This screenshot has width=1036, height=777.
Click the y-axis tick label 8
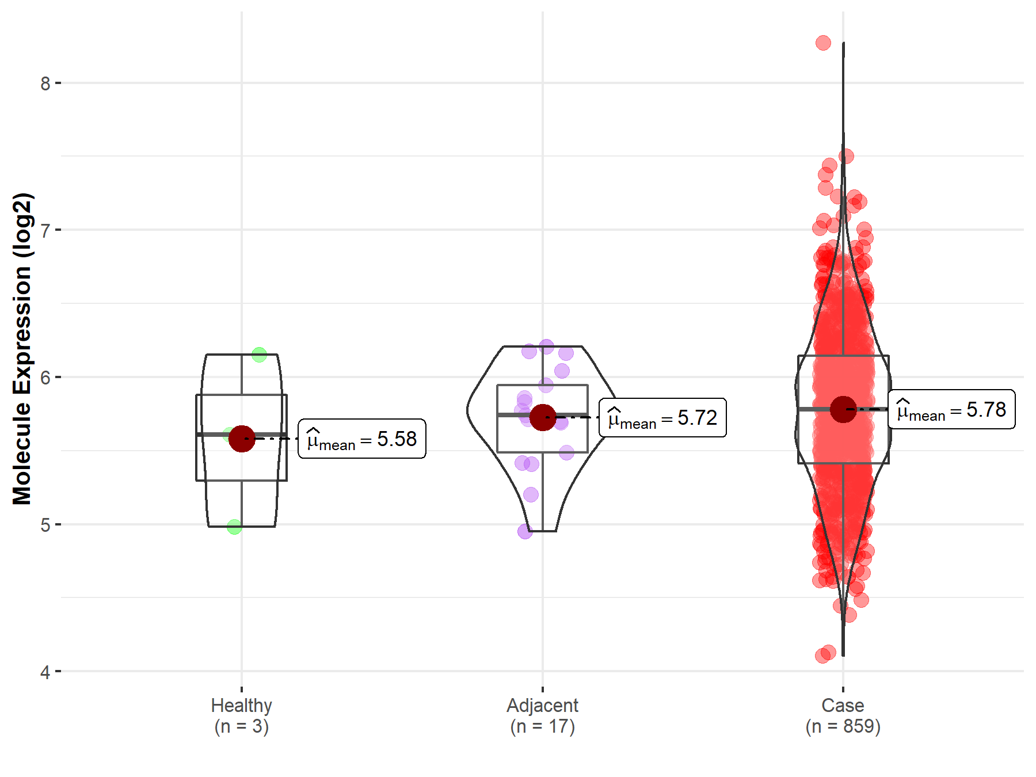pyautogui.click(x=45, y=83)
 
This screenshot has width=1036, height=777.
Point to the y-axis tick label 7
pyautogui.click(x=45, y=230)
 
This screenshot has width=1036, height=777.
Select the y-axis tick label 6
pyautogui.click(x=45, y=378)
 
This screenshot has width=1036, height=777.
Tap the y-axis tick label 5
pyautogui.click(x=45, y=525)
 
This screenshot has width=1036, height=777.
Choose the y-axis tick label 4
pyautogui.click(x=45, y=672)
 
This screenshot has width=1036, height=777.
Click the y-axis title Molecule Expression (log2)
pyautogui.click(x=22, y=349)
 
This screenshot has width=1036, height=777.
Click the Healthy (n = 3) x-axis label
pyautogui.click(x=242, y=715)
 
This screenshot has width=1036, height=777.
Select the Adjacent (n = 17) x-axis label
pyautogui.click(x=543, y=715)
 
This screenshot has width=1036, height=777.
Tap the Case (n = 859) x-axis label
pyautogui.click(x=843, y=715)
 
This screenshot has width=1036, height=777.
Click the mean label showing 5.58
pyautogui.click(x=362, y=439)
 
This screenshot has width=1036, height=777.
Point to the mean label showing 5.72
pyautogui.click(x=662, y=418)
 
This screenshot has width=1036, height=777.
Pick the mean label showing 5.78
pyautogui.click(x=951, y=410)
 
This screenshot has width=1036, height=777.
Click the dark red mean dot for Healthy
pyautogui.click(x=242, y=439)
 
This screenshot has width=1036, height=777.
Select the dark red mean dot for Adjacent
pyautogui.click(x=543, y=417)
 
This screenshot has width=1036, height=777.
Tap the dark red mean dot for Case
pyautogui.click(x=843, y=409)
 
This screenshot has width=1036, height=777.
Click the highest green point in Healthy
pyautogui.click(x=259, y=355)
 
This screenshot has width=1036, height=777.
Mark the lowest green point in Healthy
pyautogui.click(x=234, y=527)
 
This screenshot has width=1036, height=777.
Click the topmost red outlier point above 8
pyautogui.click(x=823, y=43)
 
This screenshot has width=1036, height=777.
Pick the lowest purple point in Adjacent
pyautogui.click(x=525, y=531)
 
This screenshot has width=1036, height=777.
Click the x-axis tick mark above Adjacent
pyautogui.click(x=543, y=689)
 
